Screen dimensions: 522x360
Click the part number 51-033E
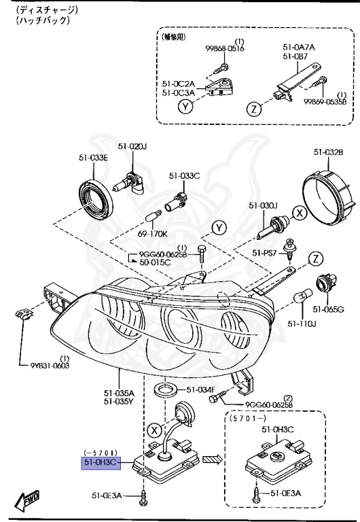[92, 158]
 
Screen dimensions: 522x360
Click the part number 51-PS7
[266, 252]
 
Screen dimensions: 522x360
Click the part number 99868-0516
[226, 48]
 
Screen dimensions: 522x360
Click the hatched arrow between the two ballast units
[213, 459]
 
